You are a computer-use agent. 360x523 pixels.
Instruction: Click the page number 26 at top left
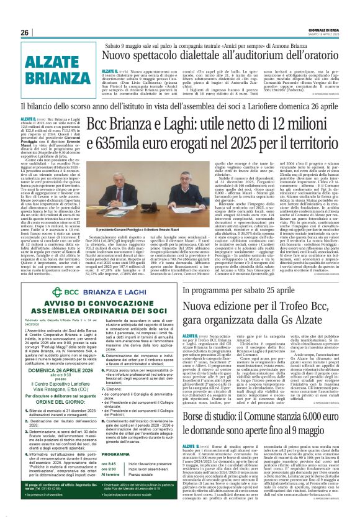[25, 32]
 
